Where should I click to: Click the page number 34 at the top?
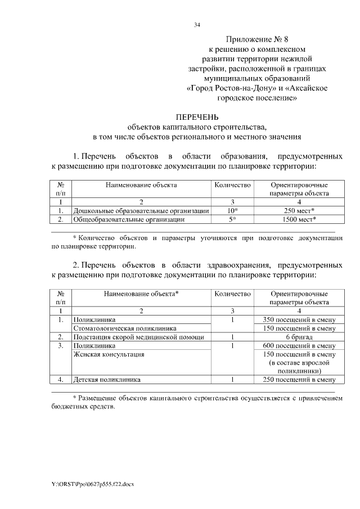tap(197, 24)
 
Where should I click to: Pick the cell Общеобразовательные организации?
tap(129, 219)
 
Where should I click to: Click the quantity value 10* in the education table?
tap(232, 210)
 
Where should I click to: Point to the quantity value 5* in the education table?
tap(232, 219)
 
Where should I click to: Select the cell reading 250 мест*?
tap(299, 210)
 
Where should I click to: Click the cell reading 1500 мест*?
tap(299, 219)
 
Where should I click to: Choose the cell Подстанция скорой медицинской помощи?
tap(138, 337)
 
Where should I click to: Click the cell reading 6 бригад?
tap(299, 337)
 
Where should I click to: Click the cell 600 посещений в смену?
tap(299, 345)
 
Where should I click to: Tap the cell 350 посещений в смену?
tap(299, 319)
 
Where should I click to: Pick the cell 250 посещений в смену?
tap(299, 380)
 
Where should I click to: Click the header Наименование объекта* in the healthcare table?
tap(141, 294)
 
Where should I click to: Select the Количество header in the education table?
tap(232, 184)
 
